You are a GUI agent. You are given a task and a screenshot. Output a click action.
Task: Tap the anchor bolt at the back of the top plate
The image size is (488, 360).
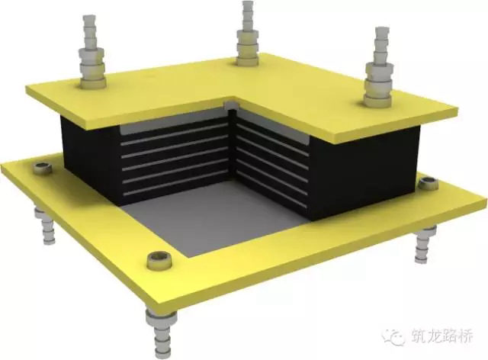tap(247, 34)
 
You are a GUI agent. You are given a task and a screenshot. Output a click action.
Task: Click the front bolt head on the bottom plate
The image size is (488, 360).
tap(159, 260)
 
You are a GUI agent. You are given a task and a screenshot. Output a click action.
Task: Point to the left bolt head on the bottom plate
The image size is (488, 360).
tap(43, 169)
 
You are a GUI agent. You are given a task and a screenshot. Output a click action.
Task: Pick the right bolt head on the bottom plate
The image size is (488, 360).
tap(428, 183)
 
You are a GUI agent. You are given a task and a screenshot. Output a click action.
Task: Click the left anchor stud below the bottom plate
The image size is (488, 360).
tap(45, 223)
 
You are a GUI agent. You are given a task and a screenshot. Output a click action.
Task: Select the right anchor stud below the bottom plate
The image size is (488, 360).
tap(425, 245)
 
